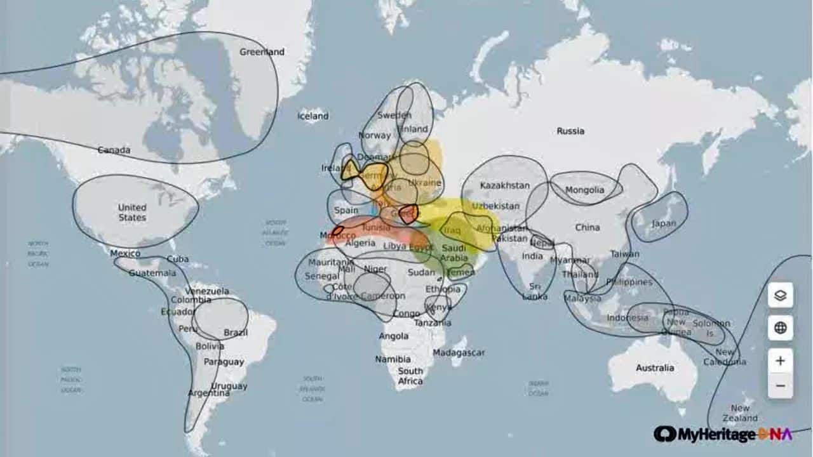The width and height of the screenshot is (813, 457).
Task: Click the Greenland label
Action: click(262, 52)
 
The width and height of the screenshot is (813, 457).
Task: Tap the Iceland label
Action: click(313, 116)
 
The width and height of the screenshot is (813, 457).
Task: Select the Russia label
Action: click(570, 131)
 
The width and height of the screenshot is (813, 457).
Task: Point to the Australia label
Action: click(655, 368)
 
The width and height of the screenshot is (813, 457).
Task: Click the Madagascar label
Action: click(459, 353)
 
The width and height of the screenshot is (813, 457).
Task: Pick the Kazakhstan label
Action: click(505, 186)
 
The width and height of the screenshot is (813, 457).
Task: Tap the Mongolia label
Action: click(584, 190)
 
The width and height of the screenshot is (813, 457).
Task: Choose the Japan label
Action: click(664, 223)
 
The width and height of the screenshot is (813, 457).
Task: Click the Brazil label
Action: click(236, 333)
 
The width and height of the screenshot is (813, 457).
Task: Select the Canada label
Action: click(114, 150)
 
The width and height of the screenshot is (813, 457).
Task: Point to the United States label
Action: click(132, 213)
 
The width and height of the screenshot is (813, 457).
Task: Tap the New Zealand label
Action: click(740, 413)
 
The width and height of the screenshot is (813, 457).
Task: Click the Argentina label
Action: click(208, 394)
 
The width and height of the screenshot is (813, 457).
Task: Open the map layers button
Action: click(781, 295)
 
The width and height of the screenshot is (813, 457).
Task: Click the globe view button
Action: click(781, 328)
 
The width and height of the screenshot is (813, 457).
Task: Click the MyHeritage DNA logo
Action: click(723, 434)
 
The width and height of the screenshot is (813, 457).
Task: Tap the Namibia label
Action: click(393, 359)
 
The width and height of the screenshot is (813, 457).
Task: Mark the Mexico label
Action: click(125, 253)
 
